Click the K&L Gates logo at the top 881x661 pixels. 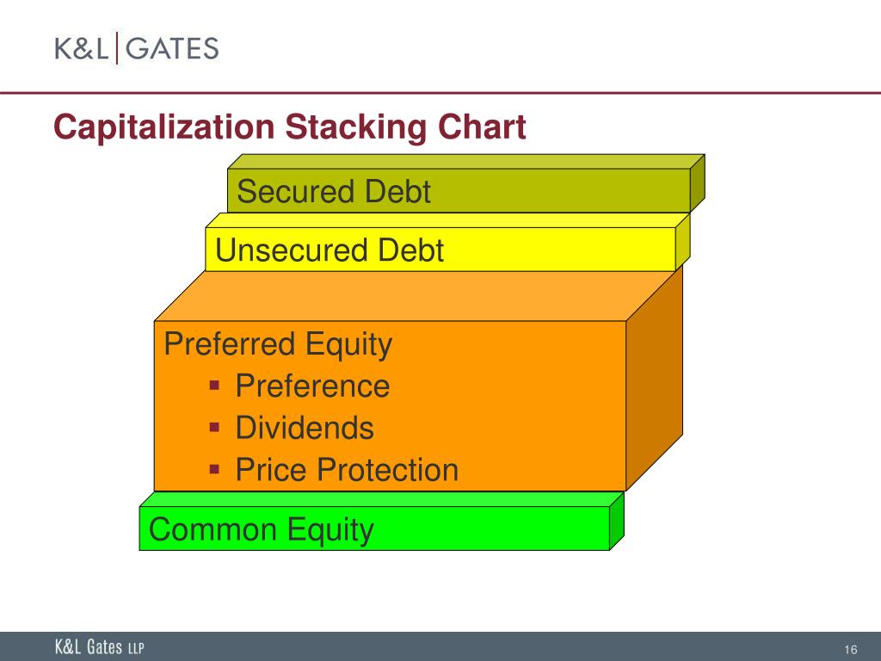point(137,48)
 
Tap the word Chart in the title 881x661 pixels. point(482,128)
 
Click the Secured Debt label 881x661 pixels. point(334,191)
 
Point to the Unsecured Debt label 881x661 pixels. point(330,250)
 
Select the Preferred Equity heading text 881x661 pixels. point(278,344)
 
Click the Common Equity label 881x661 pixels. point(262,528)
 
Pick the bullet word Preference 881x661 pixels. point(312,386)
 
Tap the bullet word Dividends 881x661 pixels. point(305,428)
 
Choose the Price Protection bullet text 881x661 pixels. point(347,470)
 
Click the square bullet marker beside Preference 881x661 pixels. point(216,384)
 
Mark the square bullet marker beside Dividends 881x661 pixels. point(216,426)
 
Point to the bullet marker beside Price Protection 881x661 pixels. point(216,468)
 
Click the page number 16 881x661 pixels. point(852,649)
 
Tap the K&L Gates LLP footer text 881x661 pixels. point(100,648)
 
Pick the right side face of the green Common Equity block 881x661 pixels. point(616,521)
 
